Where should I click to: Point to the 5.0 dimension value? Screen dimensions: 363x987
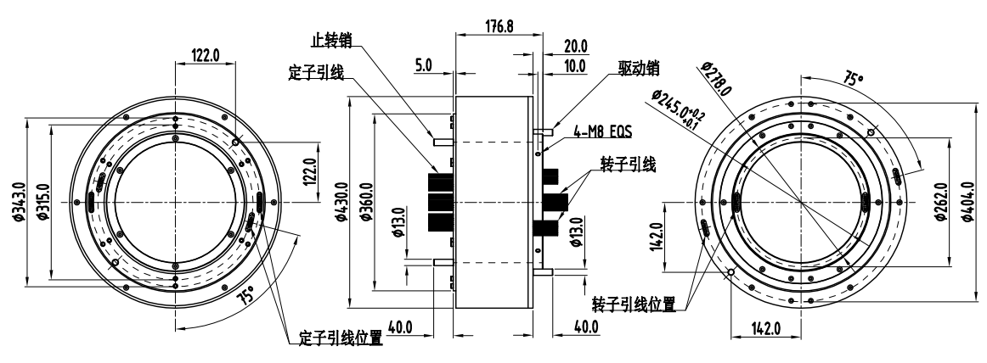click(x=425, y=64)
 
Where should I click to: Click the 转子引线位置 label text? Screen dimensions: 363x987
click(x=634, y=304)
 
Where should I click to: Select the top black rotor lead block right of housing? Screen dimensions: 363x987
click(x=550, y=176)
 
